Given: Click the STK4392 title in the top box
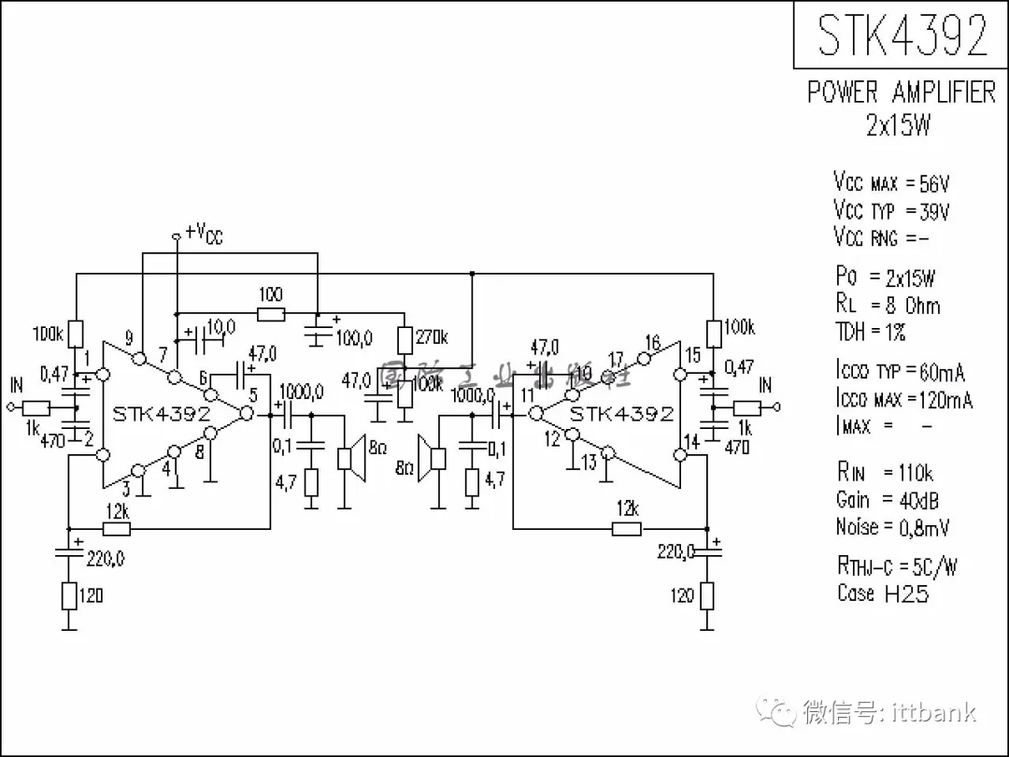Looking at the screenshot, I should (902, 36).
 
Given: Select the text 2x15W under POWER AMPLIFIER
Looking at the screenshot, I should (899, 126).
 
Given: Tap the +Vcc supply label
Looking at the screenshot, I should (204, 233).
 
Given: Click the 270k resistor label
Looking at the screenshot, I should (431, 337).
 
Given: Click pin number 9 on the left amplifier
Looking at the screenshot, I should (128, 338).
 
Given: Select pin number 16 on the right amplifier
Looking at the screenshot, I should (652, 342).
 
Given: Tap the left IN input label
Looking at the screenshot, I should (17, 385).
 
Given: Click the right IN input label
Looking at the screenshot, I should (765, 385).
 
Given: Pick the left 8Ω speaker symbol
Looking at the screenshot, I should (348, 457).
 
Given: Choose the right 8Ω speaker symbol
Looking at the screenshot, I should (433, 457).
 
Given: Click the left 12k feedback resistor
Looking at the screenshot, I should (117, 529).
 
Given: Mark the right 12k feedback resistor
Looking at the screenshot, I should (626, 529).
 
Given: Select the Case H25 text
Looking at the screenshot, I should (883, 593).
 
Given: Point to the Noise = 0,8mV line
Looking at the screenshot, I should (892, 527).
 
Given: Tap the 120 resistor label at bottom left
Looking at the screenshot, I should (91, 595).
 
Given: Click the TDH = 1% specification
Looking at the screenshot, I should (871, 332).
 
